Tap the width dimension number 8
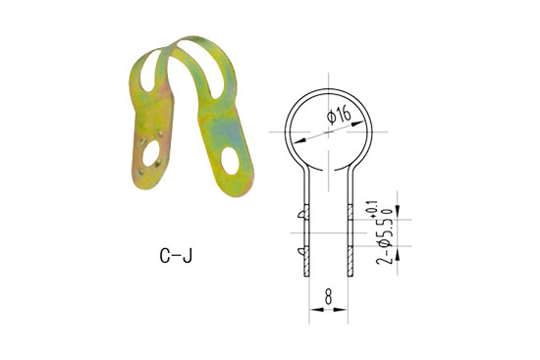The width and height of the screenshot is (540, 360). (328, 293)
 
